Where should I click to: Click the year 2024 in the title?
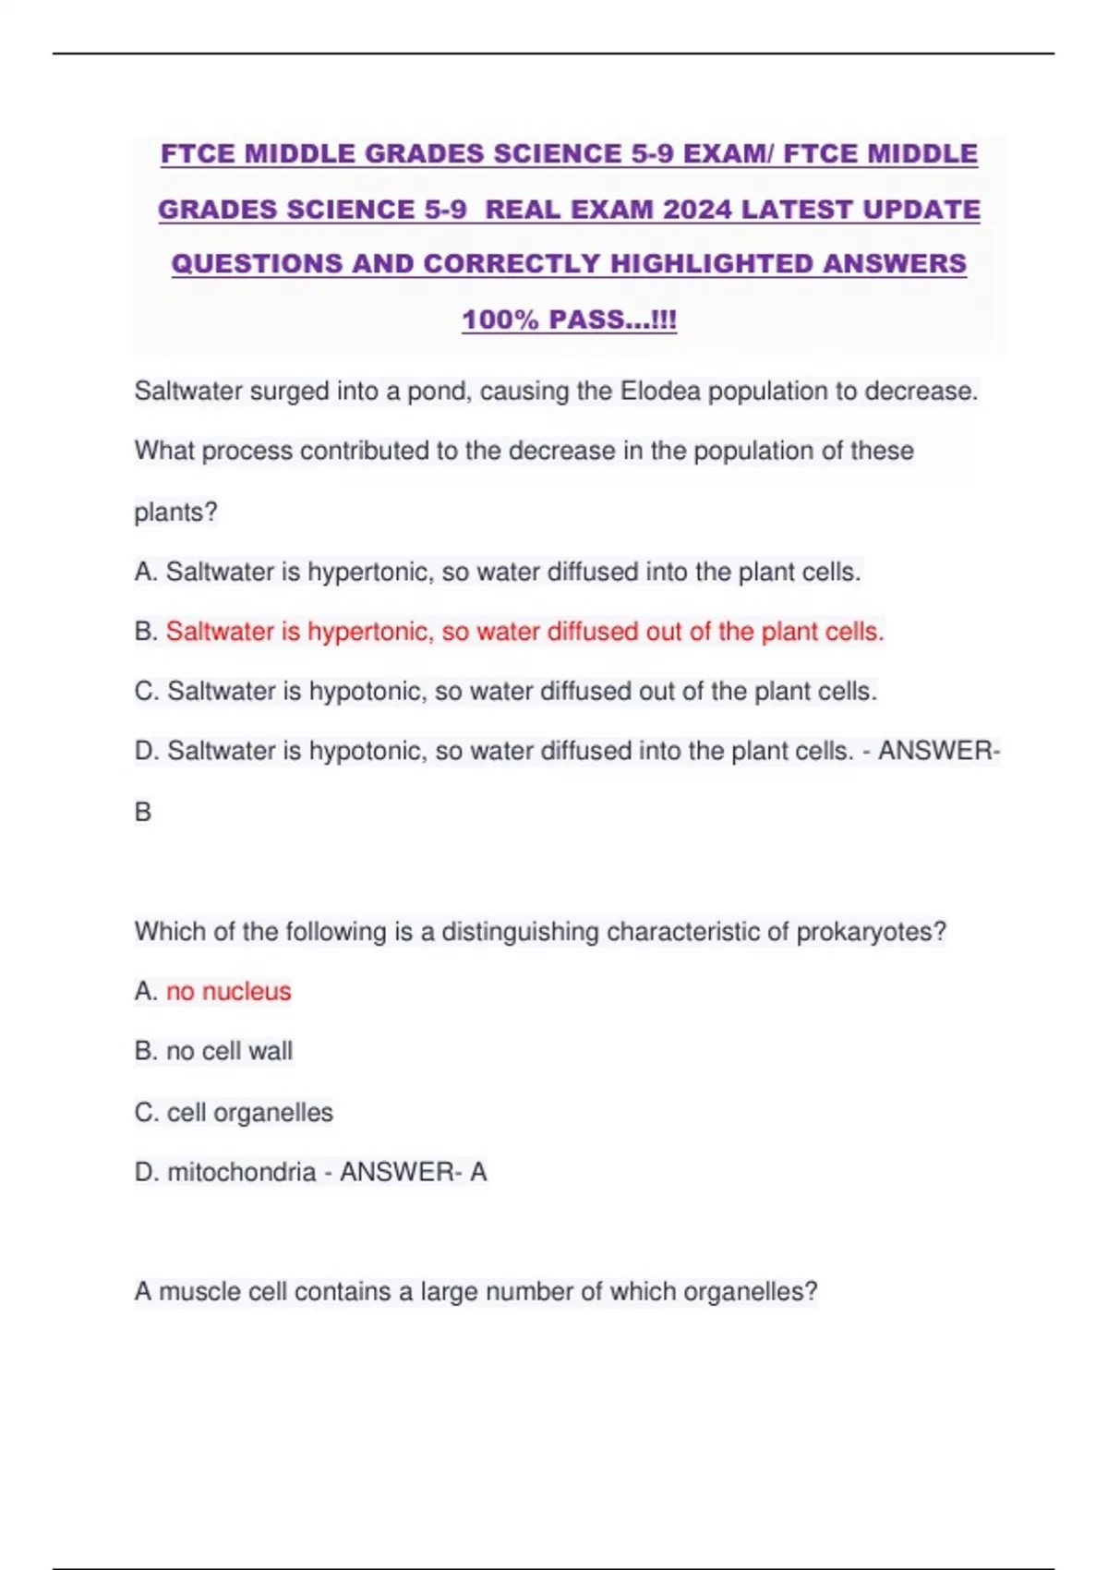point(697,210)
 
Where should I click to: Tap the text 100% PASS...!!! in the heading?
point(569,320)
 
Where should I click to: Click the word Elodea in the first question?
point(660,392)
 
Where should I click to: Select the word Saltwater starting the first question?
point(188,392)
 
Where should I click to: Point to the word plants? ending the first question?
point(175,512)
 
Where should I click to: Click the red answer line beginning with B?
point(524,632)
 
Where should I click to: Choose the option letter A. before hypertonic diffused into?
point(146,572)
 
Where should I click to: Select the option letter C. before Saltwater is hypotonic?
point(147,691)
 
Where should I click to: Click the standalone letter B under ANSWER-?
point(143,812)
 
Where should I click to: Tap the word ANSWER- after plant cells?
point(938,751)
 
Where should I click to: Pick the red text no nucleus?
point(228,991)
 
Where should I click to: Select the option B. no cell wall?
point(213,1051)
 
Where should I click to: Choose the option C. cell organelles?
point(234,1112)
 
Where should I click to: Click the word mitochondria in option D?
point(241,1172)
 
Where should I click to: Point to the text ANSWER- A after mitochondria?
point(413,1172)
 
